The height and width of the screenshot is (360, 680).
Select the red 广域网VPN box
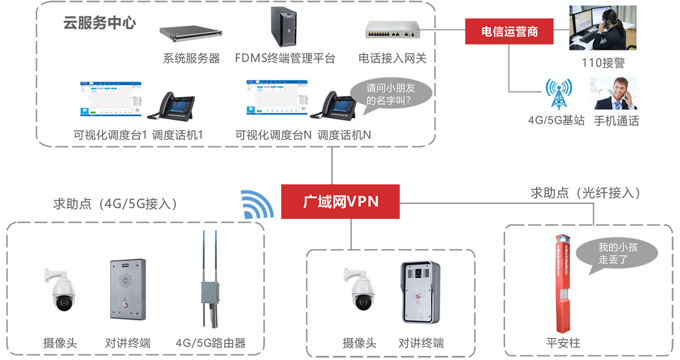click(x=340, y=201)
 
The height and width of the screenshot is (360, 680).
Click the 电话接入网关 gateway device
click(x=396, y=31)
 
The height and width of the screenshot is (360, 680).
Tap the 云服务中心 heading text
click(x=99, y=23)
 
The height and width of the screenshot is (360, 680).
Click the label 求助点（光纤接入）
click(x=585, y=193)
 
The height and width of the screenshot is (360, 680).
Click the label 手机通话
click(x=616, y=121)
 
